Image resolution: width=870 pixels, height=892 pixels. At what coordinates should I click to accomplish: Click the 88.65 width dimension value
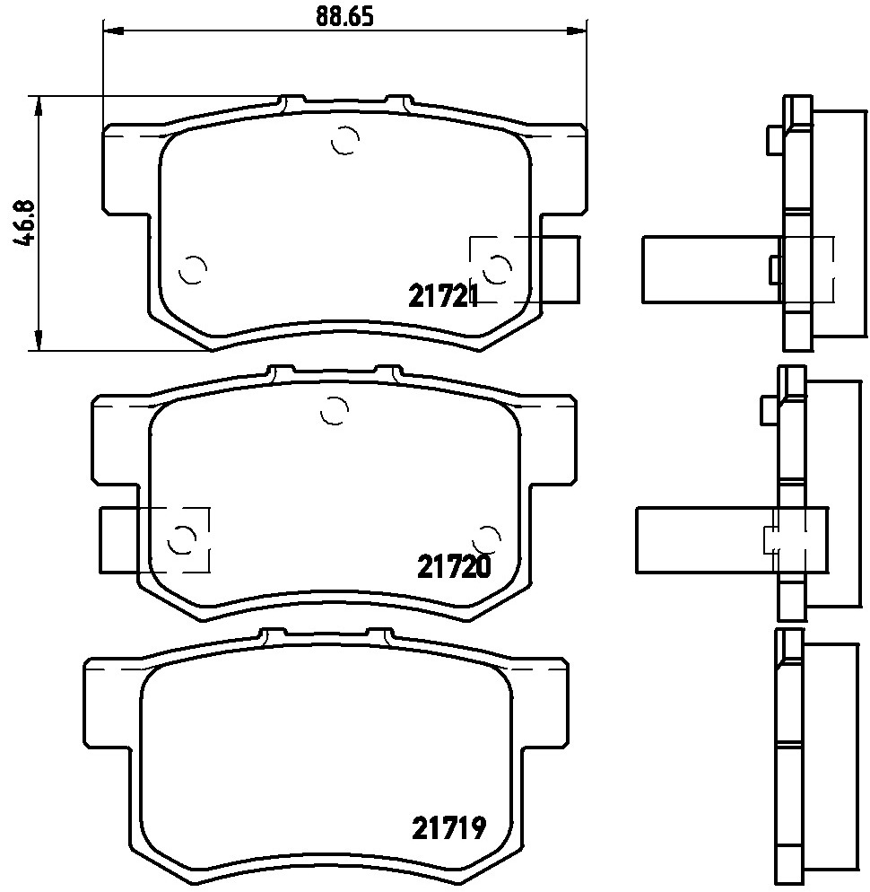click(x=344, y=17)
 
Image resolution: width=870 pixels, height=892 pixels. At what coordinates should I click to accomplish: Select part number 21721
click(x=443, y=296)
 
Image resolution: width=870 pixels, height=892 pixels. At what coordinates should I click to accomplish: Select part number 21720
click(x=454, y=566)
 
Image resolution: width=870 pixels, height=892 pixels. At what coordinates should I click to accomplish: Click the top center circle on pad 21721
click(x=345, y=140)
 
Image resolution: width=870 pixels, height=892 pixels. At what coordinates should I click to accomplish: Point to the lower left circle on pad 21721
click(x=192, y=269)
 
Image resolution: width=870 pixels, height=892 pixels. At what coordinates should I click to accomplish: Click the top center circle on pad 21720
click(x=335, y=410)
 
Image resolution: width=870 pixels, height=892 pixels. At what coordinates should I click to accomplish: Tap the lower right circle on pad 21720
click(x=487, y=538)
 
